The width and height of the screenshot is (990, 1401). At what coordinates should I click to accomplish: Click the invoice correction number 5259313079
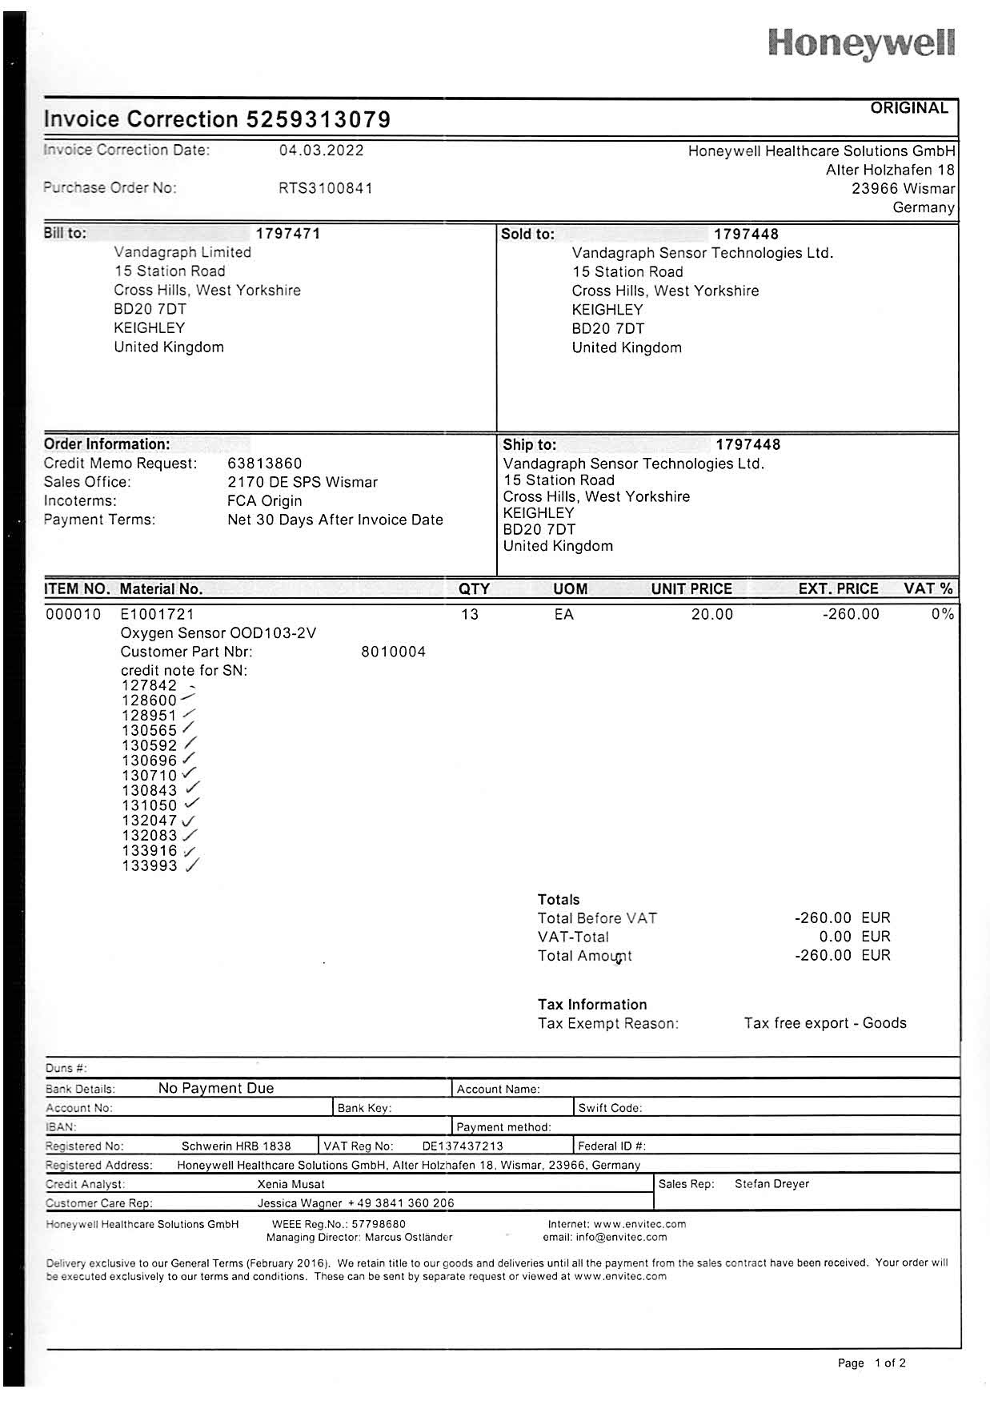coord(318,119)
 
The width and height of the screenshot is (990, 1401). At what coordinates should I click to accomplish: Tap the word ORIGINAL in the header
coord(909,108)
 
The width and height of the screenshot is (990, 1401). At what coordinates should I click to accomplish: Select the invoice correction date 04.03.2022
coord(321,151)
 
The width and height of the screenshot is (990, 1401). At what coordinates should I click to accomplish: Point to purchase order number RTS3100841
coord(325,188)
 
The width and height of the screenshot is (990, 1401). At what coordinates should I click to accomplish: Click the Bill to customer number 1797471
coord(288,234)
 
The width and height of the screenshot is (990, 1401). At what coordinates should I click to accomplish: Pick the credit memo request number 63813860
coord(265,464)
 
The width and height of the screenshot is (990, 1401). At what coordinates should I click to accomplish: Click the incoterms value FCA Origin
coord(265,501)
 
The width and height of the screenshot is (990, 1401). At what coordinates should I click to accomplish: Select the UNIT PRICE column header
coord(691,589)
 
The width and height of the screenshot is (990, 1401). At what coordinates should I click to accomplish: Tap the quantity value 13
coord(470,614)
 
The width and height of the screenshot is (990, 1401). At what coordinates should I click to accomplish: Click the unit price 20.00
coord(712,614)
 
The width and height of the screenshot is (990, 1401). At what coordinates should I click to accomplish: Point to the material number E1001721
coord(157,614)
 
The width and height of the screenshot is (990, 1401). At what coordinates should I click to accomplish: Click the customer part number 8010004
coord(394,652)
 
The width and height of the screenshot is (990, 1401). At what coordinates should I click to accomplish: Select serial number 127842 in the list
coord(149,685)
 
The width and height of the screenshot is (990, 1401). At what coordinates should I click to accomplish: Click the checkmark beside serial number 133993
coord(192,865)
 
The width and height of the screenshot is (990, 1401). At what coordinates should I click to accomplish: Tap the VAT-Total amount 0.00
coord(835,937)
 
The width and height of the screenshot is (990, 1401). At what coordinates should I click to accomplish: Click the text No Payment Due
coord(216,1088)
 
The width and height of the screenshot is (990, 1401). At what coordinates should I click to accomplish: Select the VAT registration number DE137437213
coord(463,1146)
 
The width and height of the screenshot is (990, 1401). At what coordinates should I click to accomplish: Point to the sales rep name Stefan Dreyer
coord(772,1184)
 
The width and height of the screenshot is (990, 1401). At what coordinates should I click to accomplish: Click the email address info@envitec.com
coord(621,1237)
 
